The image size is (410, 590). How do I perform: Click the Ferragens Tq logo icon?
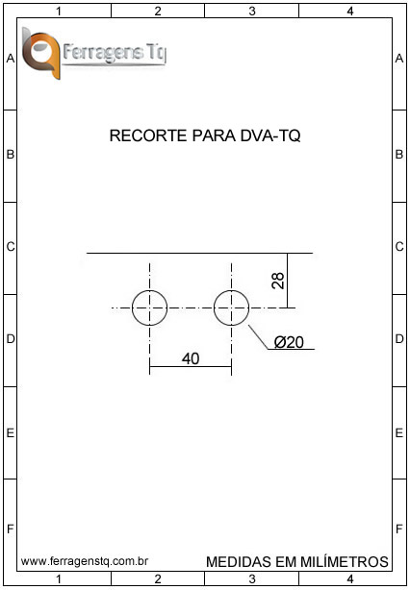coord(41,53)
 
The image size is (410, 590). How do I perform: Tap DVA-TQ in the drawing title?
coord(270,135)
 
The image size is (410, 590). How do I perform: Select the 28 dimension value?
coord(278,281)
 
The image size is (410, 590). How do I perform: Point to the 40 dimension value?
coord(191,358)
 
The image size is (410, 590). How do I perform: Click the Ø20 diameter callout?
coord(289,342)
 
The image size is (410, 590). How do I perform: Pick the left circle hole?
coord(149,307)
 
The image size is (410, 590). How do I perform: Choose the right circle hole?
coord(231,307)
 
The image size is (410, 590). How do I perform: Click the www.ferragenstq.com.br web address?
coord(85,562)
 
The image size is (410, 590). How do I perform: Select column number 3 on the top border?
coord(252,12)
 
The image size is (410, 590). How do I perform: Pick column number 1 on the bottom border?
coord(59,578)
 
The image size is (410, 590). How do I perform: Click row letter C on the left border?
coord(11,247)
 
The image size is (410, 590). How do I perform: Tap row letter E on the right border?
coord(399,433)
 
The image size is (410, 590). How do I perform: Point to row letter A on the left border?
coord(11,59)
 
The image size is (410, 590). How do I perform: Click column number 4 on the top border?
coord(350,12)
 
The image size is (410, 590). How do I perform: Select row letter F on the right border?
coord(399,529)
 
